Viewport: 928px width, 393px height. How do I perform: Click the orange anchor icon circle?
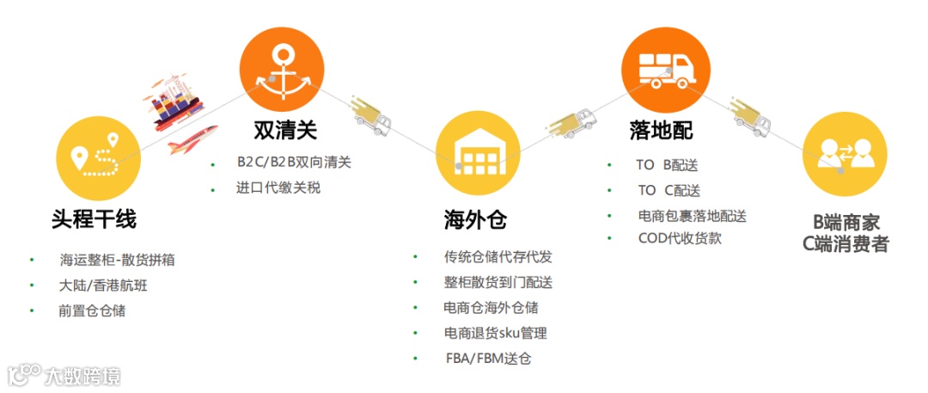coord(281,69)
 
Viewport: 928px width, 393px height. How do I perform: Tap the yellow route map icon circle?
coord(97,157)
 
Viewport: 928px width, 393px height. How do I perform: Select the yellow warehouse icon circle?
coord(478,155)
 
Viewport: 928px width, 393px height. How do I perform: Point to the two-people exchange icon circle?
coord(844,156)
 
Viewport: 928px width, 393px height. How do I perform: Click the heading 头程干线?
coord(94,220)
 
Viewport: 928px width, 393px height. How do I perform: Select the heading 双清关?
coord(285,131)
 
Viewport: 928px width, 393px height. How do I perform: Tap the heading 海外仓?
coord(475,220)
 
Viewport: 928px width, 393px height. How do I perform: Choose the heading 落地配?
coord(660,131)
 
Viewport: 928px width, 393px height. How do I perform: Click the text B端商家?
coord(846,223)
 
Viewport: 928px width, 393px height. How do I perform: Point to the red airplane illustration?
coord(191,137)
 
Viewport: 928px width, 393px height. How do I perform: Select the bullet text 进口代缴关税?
coord(278,187)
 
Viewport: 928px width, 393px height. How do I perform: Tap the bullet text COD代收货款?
coord(681,238)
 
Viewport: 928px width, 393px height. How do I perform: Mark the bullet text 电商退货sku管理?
coord(495,333)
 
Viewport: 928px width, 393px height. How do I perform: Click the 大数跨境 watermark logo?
coord(64,375)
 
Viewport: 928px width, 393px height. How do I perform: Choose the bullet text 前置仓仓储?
coord(92,310)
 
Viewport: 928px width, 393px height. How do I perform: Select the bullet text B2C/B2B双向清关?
coord(294,162)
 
